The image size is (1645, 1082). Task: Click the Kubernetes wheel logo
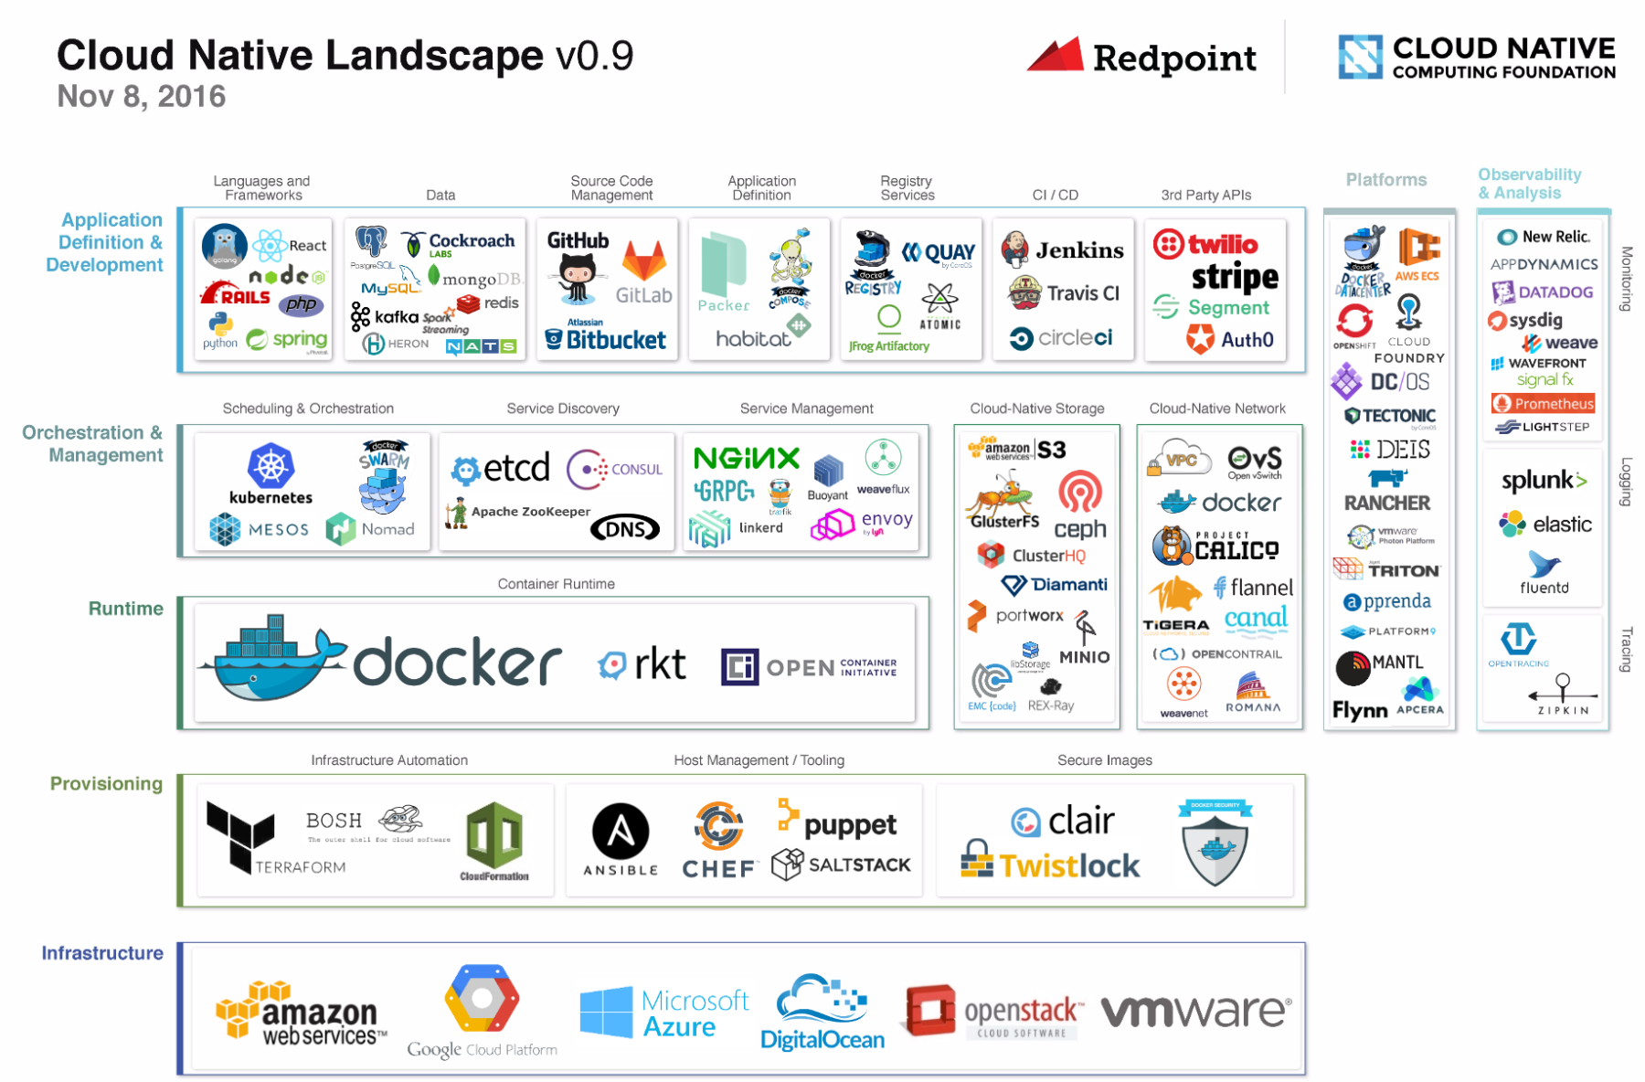click(271, 465)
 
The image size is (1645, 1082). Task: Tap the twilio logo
click(1205, 244)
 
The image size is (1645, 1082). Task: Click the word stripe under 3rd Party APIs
click(1235, 276)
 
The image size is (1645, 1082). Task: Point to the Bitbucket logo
click(606, 339)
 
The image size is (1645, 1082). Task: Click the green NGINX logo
click(746, 458)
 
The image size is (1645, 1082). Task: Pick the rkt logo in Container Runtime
click(642, 664)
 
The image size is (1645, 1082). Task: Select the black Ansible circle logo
click(621, 832)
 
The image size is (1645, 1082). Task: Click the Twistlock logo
click(1050, 864)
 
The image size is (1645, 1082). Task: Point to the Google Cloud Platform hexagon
click(482, 998)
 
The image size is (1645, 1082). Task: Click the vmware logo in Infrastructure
click(1195, 1011)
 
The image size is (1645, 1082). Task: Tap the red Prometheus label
click(1543, 403)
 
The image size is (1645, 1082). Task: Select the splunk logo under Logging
click(1544, 480)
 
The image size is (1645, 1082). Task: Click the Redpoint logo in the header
click(1141, 58)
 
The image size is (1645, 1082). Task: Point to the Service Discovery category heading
click(563, 408)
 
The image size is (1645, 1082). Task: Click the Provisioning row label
click(106, 783)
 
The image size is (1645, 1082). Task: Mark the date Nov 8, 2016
click(141, 96)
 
